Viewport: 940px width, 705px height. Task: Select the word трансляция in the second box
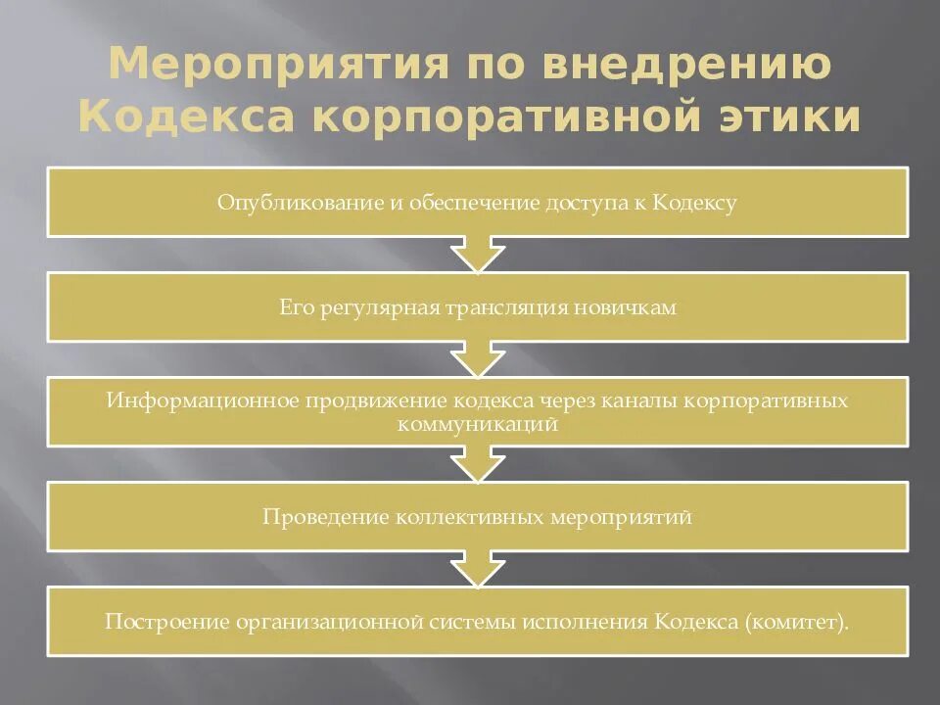515,307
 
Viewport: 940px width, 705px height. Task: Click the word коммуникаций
478,425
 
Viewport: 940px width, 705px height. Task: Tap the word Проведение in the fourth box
324,517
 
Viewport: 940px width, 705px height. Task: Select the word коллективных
471,517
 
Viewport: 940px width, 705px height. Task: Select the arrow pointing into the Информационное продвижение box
478,361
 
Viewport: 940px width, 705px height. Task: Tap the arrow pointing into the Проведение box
478,466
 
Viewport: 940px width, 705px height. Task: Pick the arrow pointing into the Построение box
478,570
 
